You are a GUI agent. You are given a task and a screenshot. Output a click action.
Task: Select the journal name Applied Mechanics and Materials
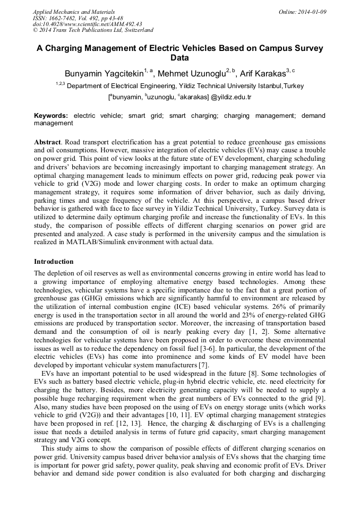(74, 11)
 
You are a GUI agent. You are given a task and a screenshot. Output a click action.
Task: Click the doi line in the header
(87, 24)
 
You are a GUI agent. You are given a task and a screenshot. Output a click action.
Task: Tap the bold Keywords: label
(51, 115)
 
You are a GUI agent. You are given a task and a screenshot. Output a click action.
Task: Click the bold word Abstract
(47, 143)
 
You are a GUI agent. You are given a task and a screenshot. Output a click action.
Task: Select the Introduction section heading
(54, 262)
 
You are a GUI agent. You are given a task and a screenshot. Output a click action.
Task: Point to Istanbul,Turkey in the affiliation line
(281, 85)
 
